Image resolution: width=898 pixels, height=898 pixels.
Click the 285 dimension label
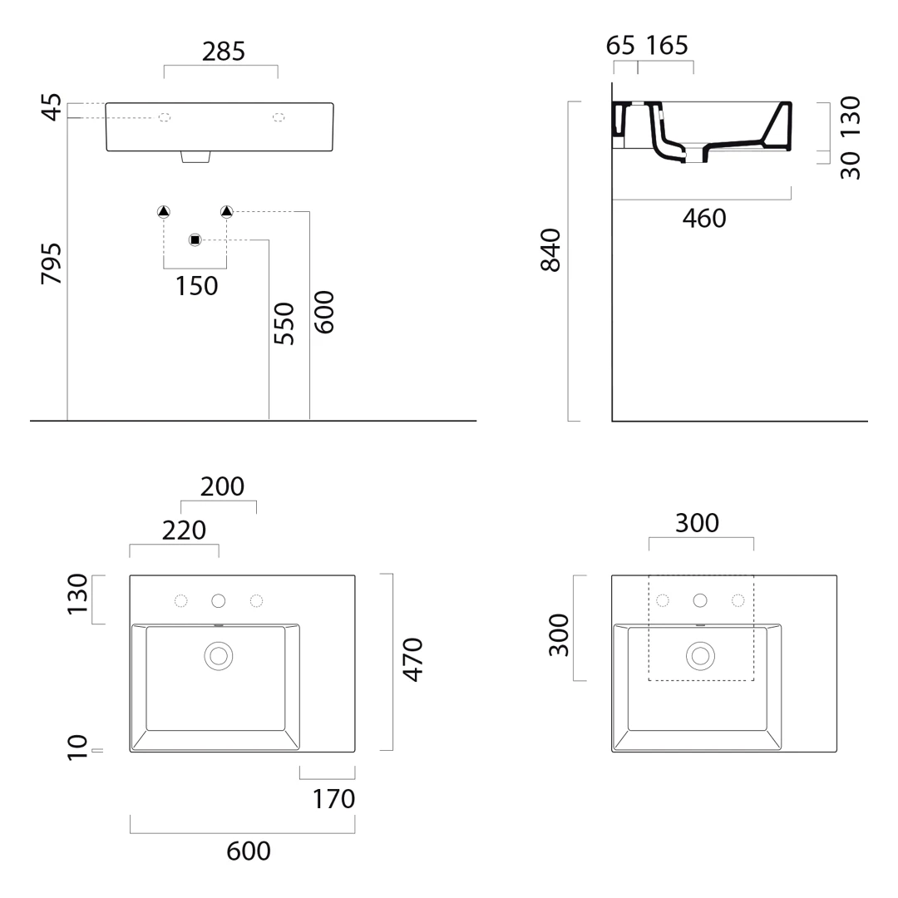[x=224, y=52]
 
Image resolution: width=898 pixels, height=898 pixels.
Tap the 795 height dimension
[x=52, y=264]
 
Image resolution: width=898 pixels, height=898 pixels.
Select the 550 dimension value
[x=284, y=323]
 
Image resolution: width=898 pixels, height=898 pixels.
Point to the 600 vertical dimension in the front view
[x=324, y=312]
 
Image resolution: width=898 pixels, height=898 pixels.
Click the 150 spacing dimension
[x=196, y=286]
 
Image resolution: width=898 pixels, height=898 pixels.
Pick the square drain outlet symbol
[x=195, y=240]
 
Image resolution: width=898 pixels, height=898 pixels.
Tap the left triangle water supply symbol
[x=164, y=211]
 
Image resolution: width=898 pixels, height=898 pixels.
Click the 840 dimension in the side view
[x=550, y=249]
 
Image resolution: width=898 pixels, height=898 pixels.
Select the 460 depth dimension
[x=703, y=219]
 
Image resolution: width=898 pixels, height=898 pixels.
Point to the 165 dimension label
[x=667, y=45]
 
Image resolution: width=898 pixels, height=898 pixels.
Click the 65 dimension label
[x=620, y=45]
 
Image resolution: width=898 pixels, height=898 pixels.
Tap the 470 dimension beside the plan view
[x=413, y=659]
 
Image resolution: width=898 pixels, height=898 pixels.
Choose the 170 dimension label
[x=333, y=799]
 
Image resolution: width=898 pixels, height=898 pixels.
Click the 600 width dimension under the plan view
[x=248, y=851]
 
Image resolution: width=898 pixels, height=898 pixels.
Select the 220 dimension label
[x=184, y=530]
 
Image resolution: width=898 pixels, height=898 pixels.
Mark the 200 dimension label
[x=222, y=486]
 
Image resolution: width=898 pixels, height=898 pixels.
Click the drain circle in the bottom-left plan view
[x=219, y=655]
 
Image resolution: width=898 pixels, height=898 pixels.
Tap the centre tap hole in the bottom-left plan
[x=219, y=600]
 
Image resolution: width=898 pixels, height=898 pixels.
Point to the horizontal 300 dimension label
[x=697, y=523]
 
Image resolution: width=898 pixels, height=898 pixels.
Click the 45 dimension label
[x=52, y=107]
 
